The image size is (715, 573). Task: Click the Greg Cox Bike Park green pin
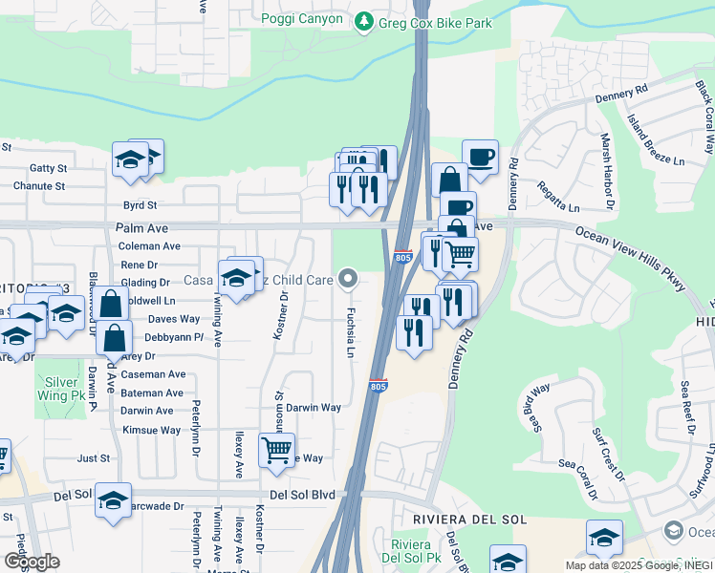363,21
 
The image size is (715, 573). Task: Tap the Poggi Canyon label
301,19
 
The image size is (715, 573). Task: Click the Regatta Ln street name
558,197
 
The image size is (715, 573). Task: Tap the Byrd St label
139,205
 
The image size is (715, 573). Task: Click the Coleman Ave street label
149,245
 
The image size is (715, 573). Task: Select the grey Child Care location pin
349,279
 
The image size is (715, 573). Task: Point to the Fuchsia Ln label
351,333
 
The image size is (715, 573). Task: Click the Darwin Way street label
314,407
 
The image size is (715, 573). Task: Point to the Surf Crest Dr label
607,453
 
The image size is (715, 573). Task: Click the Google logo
32,562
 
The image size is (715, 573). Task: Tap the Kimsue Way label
151,430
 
